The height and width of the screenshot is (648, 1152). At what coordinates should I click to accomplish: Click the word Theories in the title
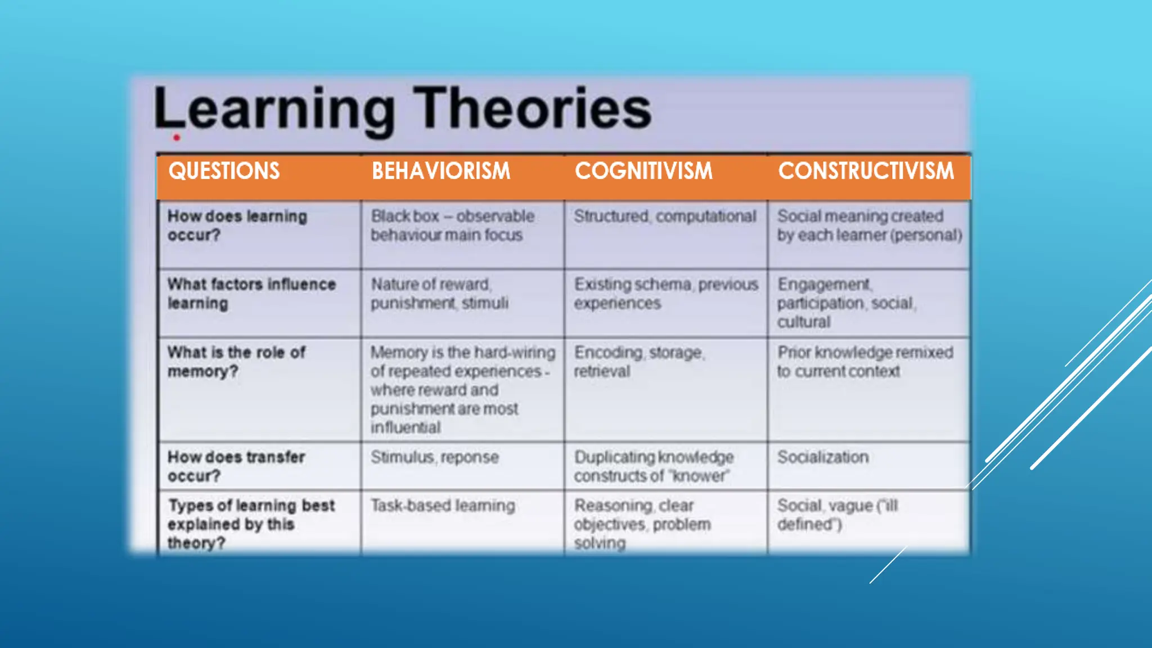pyautogui.click(x=532, y=108)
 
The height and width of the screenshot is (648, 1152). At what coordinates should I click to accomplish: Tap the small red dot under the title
pyautogui.click(x=177, y=137)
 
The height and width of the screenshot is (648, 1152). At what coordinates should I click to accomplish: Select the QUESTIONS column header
pyautogui.click(x=224, y=171)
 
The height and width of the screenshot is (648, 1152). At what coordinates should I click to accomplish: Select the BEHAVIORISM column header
pyautogui.click(x=441, y=171)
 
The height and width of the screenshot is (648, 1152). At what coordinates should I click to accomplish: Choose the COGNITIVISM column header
pyautogui.click(x=643, y=171)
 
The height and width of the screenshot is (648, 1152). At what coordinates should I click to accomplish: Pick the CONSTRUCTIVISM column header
pyautogui.click(x=866, y=171)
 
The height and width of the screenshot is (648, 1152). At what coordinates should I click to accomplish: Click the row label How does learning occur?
pyautogui.click(x=237, y=226)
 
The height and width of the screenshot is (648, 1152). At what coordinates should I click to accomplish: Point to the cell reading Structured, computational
pyautogui.click(x=665, y=217)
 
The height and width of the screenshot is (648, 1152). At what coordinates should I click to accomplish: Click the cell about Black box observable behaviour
pyautogui.click(x=452, y=226)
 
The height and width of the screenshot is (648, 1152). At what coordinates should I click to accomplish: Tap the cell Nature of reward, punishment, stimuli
pyautogui.click(x=439, y=294)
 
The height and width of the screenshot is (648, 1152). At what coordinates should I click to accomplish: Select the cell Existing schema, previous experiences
pyautogui.click(x=665, y=294)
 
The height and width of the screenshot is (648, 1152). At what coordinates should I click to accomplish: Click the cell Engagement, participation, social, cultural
pyautogui.click(x=846, y=303)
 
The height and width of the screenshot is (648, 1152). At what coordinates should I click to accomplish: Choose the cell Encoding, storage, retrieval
pyautogui.click(x=638, y=362)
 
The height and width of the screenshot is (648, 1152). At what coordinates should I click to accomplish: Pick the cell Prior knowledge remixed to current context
pyautogui.click(x=865, y=362)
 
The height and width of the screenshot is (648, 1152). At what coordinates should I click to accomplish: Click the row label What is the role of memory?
pyautogui.click(x=236, y=362)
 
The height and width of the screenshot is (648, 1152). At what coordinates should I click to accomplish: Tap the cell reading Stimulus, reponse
pyautogui.click(x=434, y=457)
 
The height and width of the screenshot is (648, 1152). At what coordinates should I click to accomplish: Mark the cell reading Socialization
pyautogui.click(x=822, y=457)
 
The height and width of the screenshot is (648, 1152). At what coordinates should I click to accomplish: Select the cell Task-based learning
pyautogui.click(x=443, y=506)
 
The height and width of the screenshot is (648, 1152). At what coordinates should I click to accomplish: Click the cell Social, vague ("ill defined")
pyautogui.click(x=837, y=515)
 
